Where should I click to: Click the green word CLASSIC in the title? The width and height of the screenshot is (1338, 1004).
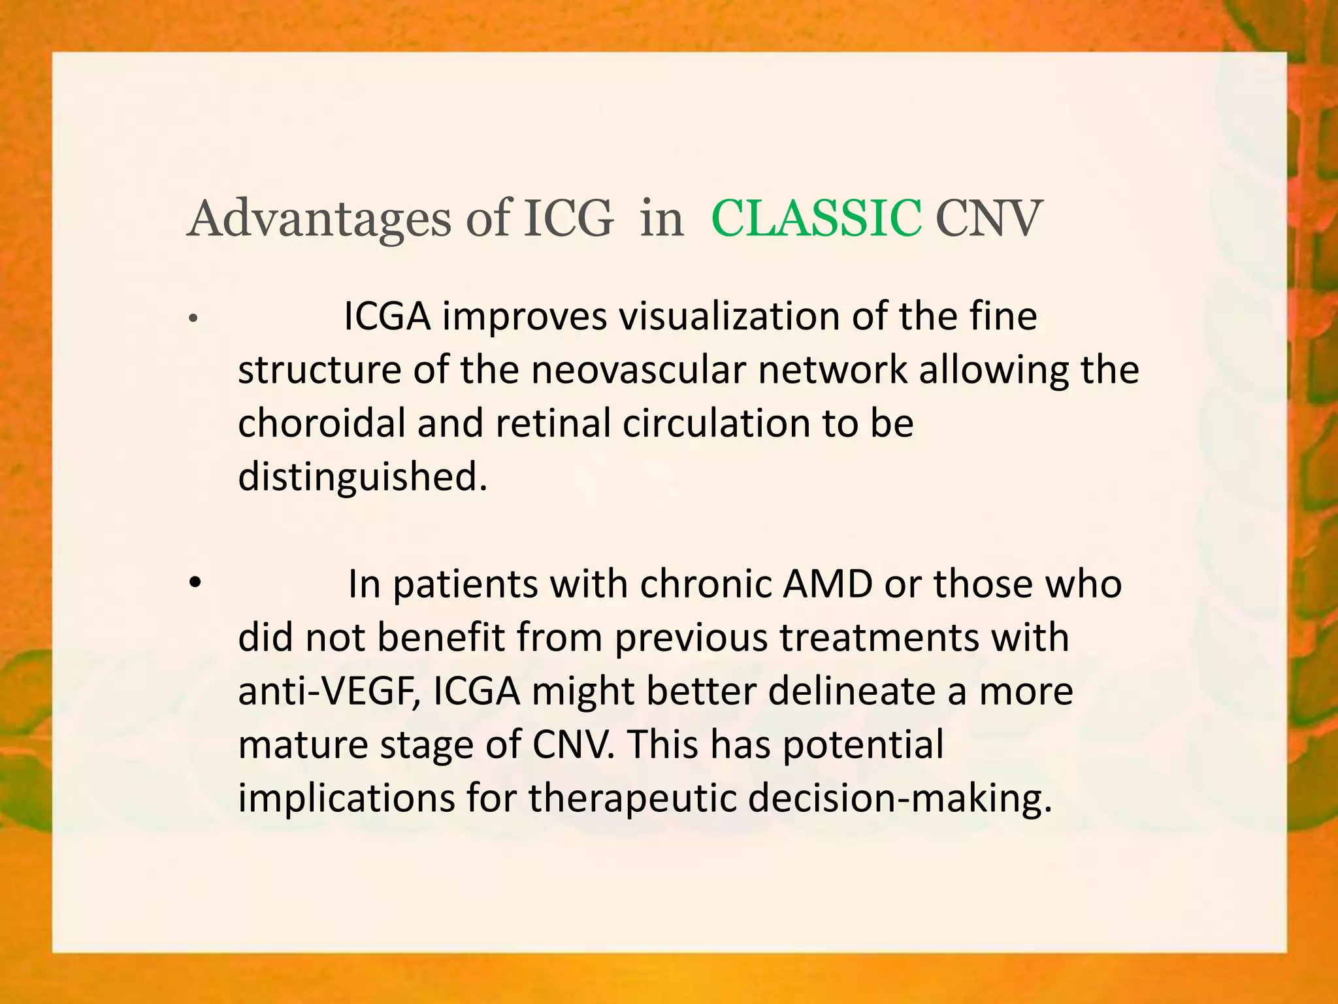(x=816, y=218)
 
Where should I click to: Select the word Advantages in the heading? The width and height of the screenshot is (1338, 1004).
(x=319, y=218)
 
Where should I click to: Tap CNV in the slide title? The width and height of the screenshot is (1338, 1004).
(x=988, y=218)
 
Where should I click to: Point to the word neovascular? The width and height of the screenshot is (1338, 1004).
(x=637, y=370)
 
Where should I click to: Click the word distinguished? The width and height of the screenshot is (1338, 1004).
(x=363, y=477)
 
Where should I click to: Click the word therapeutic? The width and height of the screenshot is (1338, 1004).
(x=632, y=798)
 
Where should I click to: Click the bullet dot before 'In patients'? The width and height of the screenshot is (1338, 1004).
(x=195, y=582)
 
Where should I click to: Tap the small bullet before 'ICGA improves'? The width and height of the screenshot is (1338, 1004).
(x=192, y=319)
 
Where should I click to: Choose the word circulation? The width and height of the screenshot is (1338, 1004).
(x=716, y=424)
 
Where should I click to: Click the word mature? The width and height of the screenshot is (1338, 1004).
(x=302, y=745)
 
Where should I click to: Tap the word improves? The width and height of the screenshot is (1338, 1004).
(x=524, y=318)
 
